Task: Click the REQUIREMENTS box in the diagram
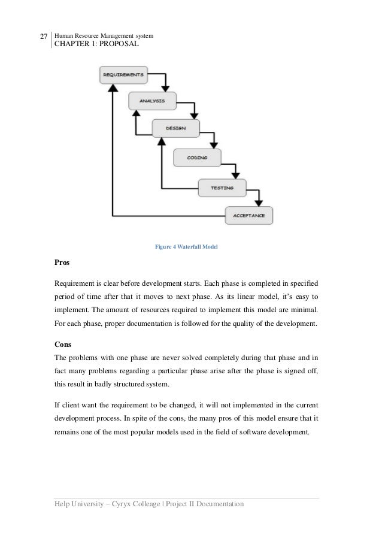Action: [x=123, y=75]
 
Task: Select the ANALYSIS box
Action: [x=152, y=101]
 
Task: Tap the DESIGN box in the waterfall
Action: [x=176, y=128]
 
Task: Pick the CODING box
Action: [x=197, y=158]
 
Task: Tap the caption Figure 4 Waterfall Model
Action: [x=186, y=246]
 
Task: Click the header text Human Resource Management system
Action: [x=104, y=36]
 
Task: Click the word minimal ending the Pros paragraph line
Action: [x=305, y=310]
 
